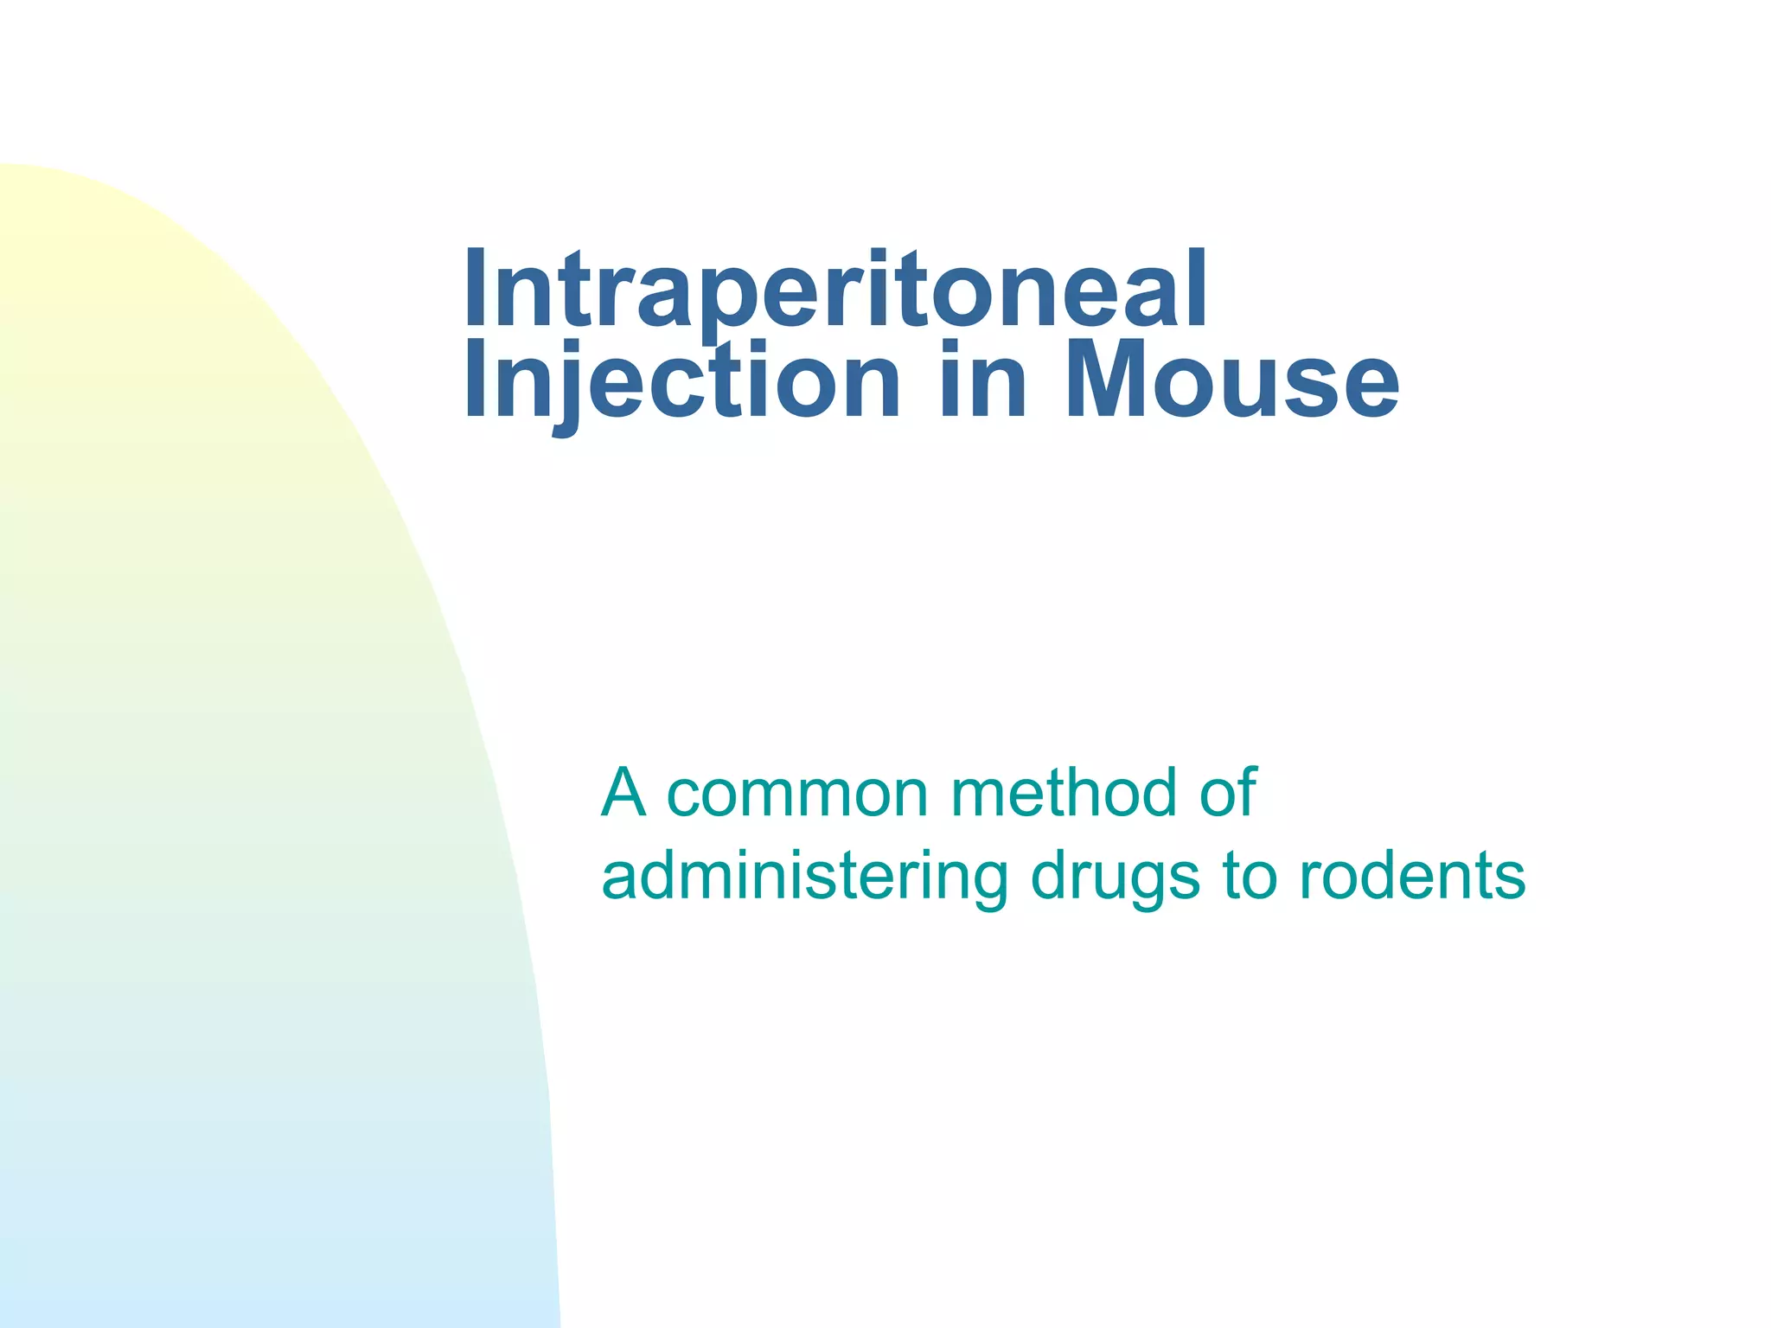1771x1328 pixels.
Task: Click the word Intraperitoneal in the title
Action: (x=834, y=290)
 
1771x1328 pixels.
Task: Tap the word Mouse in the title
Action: (x=1231, y=380)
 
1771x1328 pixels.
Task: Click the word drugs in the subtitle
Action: (x=1116, y=877)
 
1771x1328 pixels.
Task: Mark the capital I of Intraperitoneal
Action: (x=475, y=290)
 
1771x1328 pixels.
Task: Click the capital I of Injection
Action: (x=475, y=380)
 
